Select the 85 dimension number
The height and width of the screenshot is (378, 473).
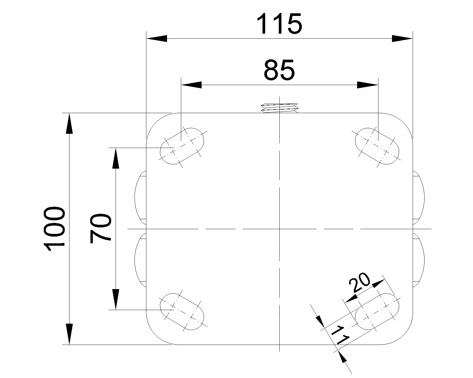coord(279,70)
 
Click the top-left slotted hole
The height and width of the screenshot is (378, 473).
coord(182,146)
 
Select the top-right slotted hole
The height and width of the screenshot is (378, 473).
coord(377,146)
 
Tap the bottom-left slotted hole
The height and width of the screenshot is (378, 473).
coord(182,312)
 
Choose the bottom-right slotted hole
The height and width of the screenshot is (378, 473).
coord(377,312)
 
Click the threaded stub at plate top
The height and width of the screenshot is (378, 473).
coord(279,108)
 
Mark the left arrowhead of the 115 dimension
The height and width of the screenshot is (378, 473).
coord(157,38)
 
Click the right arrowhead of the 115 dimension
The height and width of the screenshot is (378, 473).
coord(402,38)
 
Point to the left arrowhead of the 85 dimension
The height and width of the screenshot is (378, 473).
coord(191,85)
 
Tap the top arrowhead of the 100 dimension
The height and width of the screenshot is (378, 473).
coord(69,123)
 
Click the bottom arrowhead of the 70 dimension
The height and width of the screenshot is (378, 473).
coord(116,299)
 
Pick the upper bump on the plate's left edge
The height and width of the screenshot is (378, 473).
coord(140,198)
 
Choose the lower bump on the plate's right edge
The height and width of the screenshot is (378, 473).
coord(419,260)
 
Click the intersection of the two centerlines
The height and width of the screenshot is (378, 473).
coord(279,229)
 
